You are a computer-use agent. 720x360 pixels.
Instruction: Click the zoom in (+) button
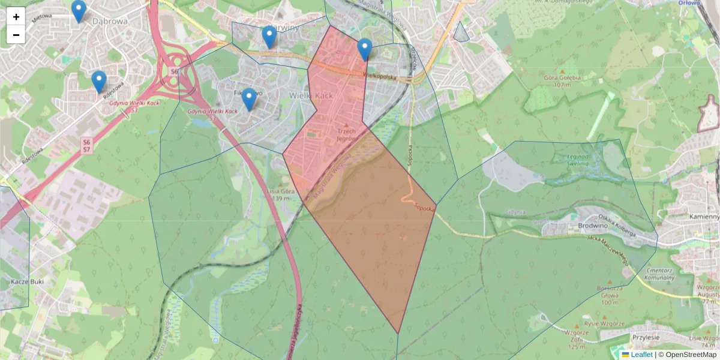point(16,17)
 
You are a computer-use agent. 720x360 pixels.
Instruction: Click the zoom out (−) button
point(16,35)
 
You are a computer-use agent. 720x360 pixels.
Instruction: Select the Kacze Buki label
point(15,281)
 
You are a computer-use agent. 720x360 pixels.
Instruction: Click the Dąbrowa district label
point(111,21)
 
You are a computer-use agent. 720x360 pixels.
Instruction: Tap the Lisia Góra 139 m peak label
point(280,194)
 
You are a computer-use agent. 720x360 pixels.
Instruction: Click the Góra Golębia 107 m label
point(562,81)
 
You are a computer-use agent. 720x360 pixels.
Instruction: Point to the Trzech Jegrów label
point(347,134)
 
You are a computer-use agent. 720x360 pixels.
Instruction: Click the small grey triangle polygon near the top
point(461,34)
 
